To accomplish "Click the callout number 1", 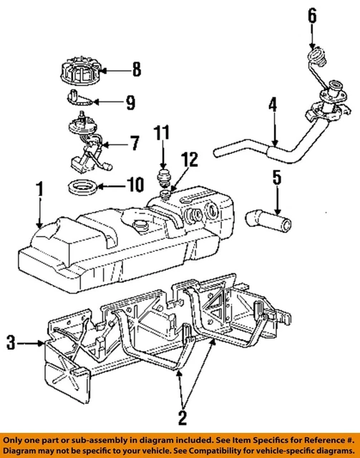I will click(x=41, y=191).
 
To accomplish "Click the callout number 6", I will click(x=311, y=14).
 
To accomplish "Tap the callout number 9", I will click(x=130, y=103).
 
